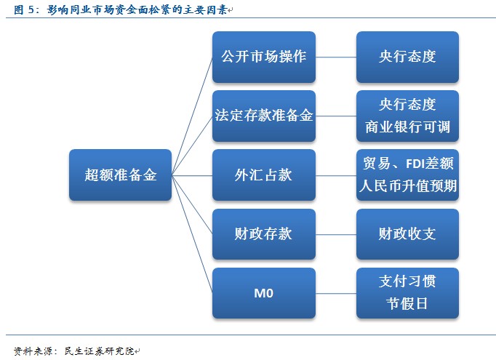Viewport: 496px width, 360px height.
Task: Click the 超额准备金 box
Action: [120, 175]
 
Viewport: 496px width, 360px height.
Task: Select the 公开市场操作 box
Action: [263, 57]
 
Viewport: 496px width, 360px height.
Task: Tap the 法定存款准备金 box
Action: [263, 116]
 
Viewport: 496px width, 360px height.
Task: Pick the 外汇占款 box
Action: [263, 175]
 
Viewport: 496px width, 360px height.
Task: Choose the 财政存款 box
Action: [263, 234]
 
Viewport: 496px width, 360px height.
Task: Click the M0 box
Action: [263, 293]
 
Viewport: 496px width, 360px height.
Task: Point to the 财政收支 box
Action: [407, 234]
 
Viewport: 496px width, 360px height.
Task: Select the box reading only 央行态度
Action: [407, 57]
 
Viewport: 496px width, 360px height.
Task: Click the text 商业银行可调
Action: [407, 127]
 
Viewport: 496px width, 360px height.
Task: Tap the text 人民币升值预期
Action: [407, 186]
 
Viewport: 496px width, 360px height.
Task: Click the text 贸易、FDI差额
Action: [407, 163]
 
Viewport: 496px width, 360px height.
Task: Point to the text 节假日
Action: [407, 305]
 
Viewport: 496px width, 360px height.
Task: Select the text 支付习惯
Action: [407, 281]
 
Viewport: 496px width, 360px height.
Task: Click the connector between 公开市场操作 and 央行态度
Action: [336, 57]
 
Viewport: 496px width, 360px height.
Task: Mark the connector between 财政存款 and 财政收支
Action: [336, 234]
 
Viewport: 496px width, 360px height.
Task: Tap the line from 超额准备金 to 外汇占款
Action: [192, 175]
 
